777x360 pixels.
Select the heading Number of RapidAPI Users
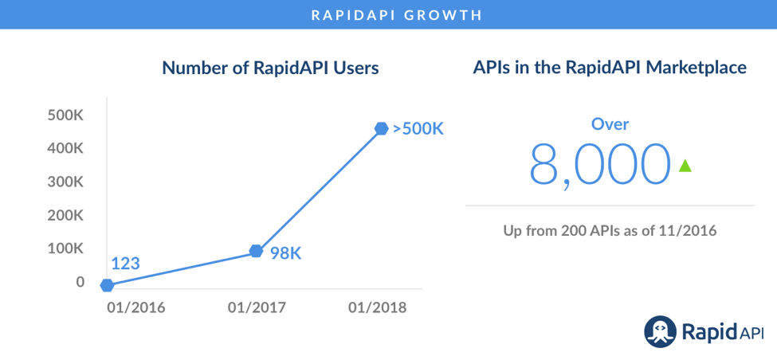[270, 68]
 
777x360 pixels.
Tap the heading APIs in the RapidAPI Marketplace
[610, 68]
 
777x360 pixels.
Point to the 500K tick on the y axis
[65, 115]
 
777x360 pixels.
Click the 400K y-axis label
[65, 148]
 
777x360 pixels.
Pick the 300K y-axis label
[65, 182]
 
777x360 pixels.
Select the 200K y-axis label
[65, 215]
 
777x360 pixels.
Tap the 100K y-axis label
[65, 248]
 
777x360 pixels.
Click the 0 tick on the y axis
[80, 282]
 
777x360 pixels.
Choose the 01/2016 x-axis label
[136, 307]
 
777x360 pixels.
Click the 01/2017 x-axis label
[257, 307]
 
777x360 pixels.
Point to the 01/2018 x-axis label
[378, 307]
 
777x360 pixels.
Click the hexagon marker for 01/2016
[107, 285]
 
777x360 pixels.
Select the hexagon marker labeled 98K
[256, 251]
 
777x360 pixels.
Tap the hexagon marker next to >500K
[382, 128]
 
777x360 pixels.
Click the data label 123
[125, 263]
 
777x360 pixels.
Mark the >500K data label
[418, 128]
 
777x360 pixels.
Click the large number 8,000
[599, 166]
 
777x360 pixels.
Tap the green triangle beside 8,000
[684, 166]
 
